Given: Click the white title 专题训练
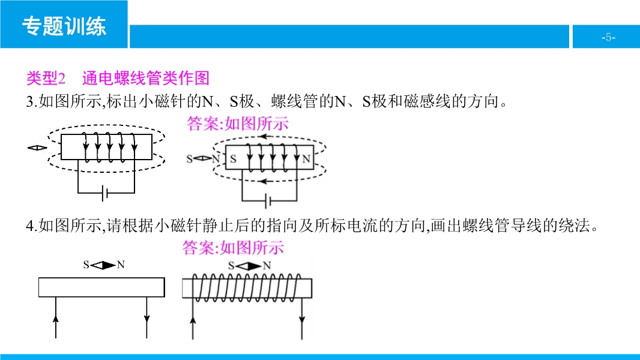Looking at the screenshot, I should tap(64, 26).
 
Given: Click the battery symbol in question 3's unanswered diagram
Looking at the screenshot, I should tap(106, 193).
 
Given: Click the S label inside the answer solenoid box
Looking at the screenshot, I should tap(234, 160).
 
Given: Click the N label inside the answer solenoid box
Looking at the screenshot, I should tap(306, 160).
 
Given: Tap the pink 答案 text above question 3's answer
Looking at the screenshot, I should tap(204, 124).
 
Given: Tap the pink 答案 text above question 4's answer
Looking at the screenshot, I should tap(199, 248).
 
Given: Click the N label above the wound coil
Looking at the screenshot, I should tap(267, 265).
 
